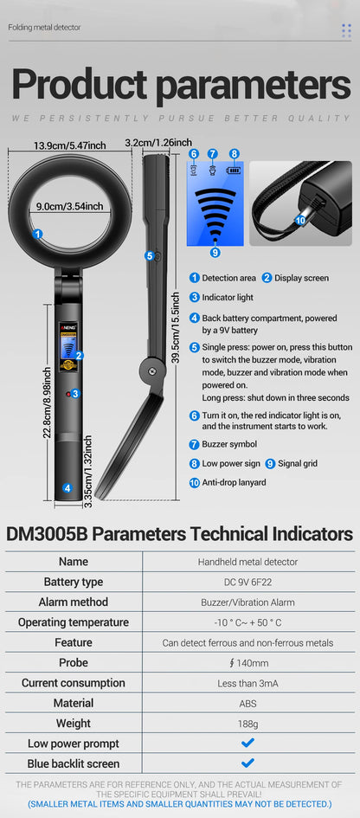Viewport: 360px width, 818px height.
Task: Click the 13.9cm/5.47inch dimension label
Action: pos(70,145)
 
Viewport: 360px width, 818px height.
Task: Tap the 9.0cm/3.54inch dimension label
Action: pos(70,206)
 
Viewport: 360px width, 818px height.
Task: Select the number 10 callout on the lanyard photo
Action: pos(300,220)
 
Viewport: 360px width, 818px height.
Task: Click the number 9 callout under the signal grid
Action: pos(215,252)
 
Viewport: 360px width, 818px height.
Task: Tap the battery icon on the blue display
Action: pos(234,171)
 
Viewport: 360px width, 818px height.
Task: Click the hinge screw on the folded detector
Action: pos(152,371)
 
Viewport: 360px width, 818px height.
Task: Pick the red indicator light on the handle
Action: pos(67,394)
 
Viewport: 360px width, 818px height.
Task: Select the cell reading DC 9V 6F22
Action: pos(247,582)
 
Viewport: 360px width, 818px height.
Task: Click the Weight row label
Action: pos(74,723)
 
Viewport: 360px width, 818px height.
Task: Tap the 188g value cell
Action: pos(247,724)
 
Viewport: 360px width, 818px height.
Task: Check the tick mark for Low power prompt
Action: pos(247,743)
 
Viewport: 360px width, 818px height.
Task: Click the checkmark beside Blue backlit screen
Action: pos(247,763)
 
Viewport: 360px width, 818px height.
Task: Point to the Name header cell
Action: pos(74,562)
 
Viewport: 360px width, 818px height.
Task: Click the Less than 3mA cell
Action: pos(247,683)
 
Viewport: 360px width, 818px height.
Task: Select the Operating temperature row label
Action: pos(74,622)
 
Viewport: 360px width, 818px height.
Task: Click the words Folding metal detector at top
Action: pos(44,28)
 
